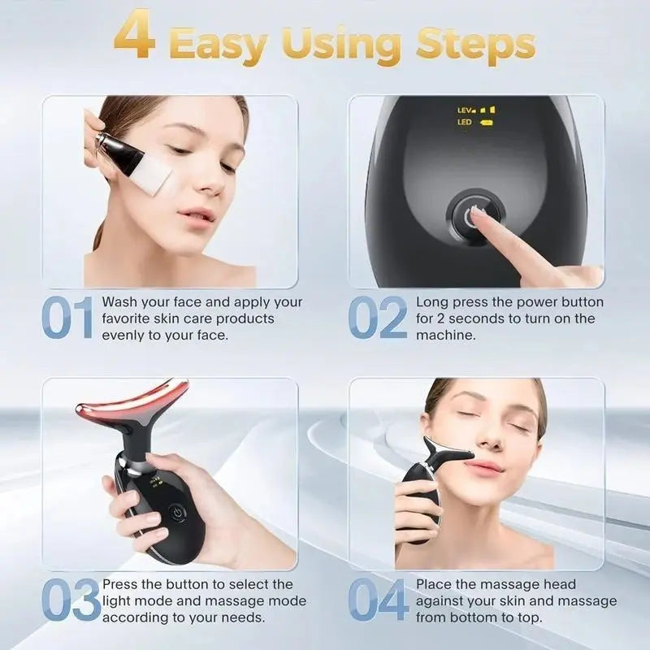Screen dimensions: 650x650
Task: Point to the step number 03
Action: tap(71, 602)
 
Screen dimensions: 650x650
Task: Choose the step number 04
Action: tap(379, 602)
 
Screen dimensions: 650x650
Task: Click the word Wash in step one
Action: tap(119, 302)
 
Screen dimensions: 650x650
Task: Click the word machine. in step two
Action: tap(446, 335)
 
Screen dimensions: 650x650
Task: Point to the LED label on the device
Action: tap(465, 123)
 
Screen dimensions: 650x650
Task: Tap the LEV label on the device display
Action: tap(466, 109)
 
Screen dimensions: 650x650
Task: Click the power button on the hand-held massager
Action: tap(176, 513)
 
